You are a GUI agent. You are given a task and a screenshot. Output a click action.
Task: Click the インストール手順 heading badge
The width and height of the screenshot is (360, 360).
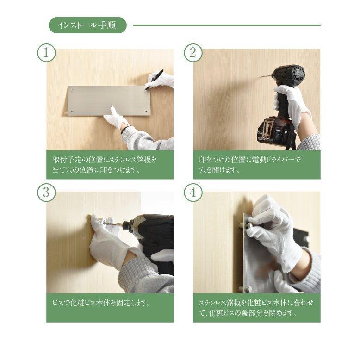pyautogui.click(x=87, y=25)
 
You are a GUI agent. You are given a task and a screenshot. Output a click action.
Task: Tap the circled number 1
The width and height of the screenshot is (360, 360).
pyautogui.click(x=46, y=53)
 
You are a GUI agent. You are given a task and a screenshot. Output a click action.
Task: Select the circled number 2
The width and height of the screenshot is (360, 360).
pyautogui.click(x=193, y=53)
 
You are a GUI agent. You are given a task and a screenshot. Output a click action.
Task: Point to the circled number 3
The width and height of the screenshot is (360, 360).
pyautogui.click(x=46, y=192)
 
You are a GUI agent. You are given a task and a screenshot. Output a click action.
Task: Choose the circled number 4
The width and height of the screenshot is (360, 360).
pyautogui.click(x=193, y=192)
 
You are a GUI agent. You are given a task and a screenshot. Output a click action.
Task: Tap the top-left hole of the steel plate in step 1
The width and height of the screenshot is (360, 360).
pyautogui.click(x=73, y=90)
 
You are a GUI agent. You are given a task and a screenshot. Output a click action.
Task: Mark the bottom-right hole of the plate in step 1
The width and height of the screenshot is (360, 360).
pyautogui.click(x=146, y=112)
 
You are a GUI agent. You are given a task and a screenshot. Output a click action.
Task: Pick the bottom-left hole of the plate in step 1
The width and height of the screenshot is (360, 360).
pyautogui.click(x=71, y=112)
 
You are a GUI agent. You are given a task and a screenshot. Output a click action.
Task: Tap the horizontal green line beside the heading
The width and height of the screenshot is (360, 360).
pyautogui.click(x=227, y=25)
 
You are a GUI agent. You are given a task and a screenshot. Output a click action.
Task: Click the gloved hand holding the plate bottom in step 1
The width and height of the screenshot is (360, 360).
pyautogui.click(x=116, y=118)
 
